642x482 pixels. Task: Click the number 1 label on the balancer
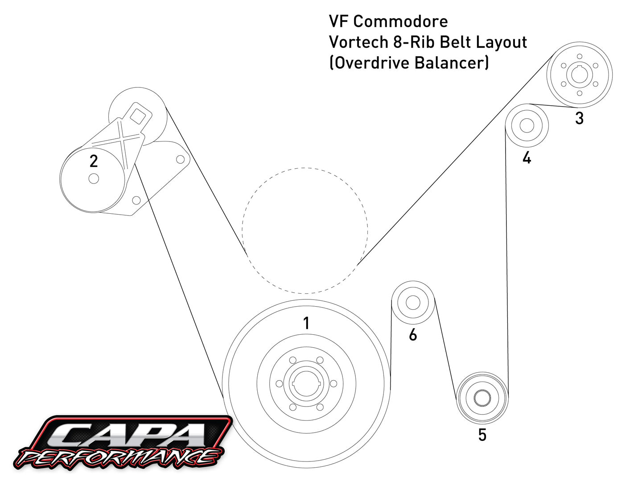point(306,323)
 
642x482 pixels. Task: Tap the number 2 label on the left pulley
point(94,161)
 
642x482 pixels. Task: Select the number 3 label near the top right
point(579,118)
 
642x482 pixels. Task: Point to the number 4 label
point(527,158)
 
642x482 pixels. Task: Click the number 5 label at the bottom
point(482,435)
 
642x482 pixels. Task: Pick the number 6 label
point(413,334)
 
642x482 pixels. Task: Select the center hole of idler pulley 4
point(527,126)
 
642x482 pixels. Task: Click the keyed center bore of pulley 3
point(579,75)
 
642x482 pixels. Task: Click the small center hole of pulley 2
point(94,179)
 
